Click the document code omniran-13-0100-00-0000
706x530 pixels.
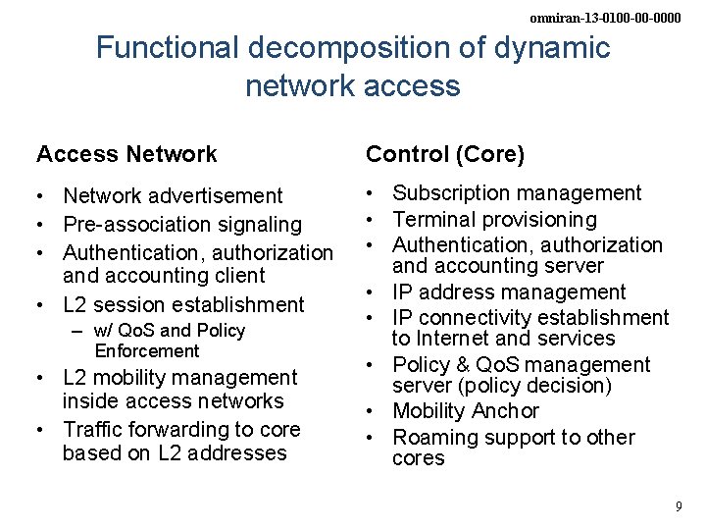click(605, 18)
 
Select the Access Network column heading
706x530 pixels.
click(126, 154)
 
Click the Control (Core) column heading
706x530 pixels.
click(445, 154)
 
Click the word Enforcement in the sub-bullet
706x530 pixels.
click(147, 350)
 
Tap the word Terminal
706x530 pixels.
click(431, 219)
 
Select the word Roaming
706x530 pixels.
click(434, 437)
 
